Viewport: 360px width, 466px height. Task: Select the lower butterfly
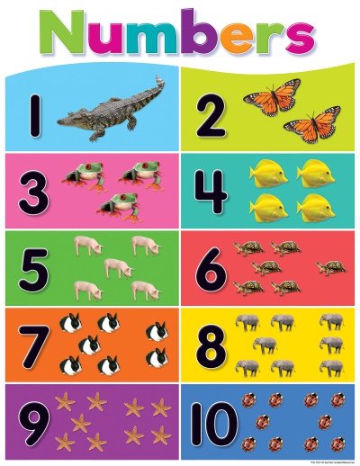coord(311,127)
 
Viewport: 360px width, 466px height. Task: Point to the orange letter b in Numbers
coord(197,36)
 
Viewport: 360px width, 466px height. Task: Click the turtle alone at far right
coord(330,267)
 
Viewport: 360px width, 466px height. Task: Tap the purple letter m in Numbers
coord(155,41)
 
